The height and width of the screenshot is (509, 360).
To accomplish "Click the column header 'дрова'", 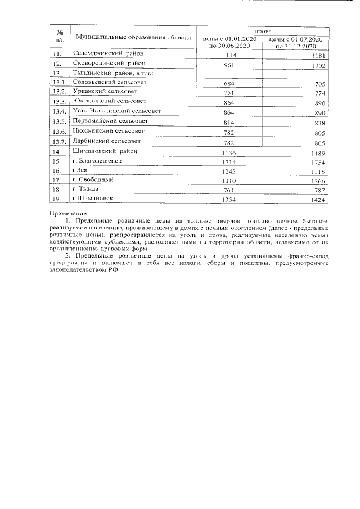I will point(263,31).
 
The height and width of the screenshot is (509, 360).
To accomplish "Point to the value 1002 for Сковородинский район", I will point(317,66).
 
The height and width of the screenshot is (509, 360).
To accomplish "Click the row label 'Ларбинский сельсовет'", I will point(106,141).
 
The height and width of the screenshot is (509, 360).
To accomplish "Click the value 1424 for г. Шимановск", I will point(317,200).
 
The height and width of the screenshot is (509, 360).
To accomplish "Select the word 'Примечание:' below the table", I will point(69,214).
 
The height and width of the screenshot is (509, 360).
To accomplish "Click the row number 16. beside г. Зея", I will point(56,170).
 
